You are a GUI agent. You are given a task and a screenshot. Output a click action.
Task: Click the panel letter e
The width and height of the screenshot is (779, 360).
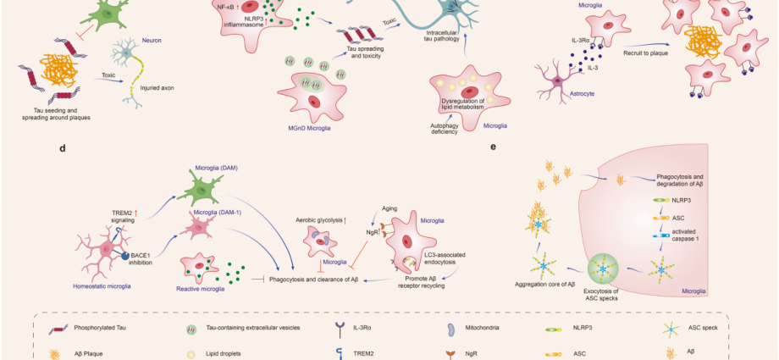click(x=494, y=146)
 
